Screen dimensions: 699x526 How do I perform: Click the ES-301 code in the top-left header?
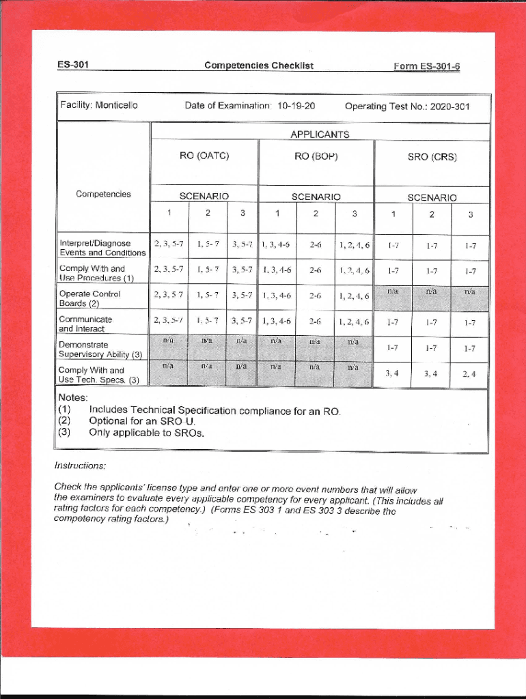(x=73, y=66)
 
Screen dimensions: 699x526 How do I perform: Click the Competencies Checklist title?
(x=259, y=66)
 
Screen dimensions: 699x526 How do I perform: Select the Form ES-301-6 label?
(x=426, y=66)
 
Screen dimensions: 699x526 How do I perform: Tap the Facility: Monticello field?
(x=99, y=106)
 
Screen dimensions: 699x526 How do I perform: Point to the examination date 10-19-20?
(x=296, y=106)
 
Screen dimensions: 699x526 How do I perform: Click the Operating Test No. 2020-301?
(x=407, y=106)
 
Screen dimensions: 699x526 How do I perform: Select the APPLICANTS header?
(x=320, y=134)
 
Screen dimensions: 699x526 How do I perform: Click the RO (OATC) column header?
(x=204, y=156)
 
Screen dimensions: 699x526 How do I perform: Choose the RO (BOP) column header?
(x=316, y=156)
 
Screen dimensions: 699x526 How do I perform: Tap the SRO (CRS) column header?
(x=432, y=157)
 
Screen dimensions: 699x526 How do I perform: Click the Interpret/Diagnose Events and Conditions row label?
(x=102, y=248)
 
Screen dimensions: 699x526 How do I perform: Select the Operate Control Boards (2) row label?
(x=89, y=298)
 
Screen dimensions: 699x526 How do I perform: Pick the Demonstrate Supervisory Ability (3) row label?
(x=100, y=349)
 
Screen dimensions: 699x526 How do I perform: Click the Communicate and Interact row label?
(x=85, y=324)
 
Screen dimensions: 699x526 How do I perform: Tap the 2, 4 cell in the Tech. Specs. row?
(x=469, y=373)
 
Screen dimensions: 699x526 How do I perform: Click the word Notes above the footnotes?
(x=72, y=397)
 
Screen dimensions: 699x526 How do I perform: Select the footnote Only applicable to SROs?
(x=146, y=433)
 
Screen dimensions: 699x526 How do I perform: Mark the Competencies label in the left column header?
(x=103, y=195)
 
